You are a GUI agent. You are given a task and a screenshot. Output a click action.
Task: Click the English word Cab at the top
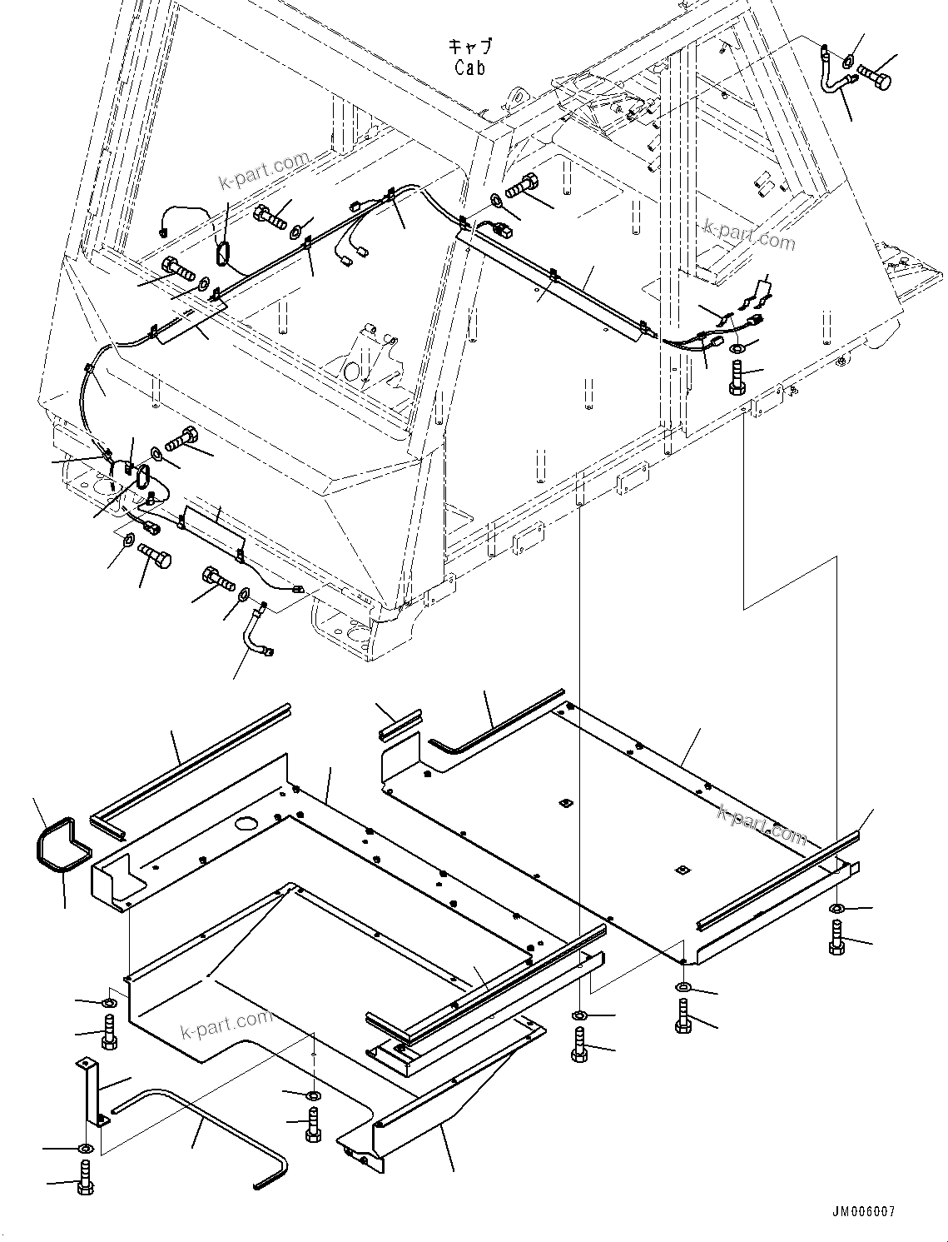coord(469,68)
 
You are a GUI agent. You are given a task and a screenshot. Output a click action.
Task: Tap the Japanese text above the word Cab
coord(469,47)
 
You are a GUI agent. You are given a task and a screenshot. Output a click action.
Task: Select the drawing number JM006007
coord(861,1212)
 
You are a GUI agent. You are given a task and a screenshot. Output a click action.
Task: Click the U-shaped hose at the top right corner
coord(834,72)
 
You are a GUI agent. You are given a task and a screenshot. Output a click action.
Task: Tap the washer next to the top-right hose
coord(847,60)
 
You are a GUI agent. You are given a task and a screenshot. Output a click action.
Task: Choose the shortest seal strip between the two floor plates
coord(401,726)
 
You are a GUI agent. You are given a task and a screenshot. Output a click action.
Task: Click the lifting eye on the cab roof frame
coord(519,97)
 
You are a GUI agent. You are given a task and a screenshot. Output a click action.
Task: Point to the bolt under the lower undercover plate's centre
coord(313,1125)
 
